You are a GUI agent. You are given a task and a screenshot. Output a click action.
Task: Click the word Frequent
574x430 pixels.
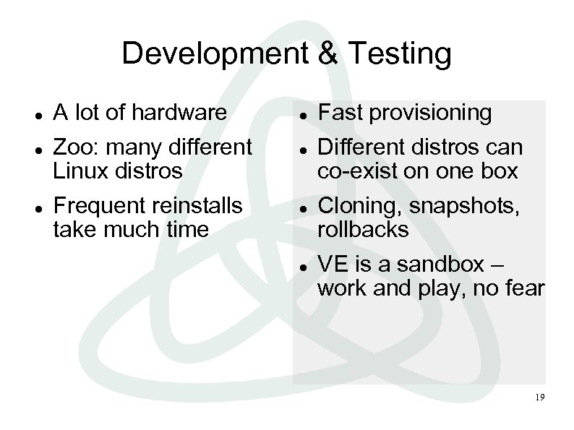[99, 207]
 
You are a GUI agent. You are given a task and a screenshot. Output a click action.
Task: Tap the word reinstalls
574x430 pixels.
[197, 206]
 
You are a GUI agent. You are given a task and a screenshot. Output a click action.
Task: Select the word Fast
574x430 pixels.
[339, 113]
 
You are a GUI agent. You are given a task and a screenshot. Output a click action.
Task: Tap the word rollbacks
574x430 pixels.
[363, 230]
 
